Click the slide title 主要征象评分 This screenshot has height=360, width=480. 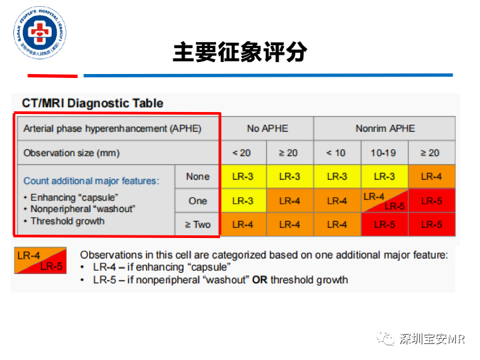[240, 52]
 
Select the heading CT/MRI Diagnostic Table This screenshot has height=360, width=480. [93, 103]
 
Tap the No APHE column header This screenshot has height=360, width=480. [267, 128]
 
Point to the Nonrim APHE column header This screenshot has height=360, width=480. [385, 128]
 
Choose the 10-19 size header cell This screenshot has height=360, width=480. [384, 153]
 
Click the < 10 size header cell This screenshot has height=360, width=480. [337, 153]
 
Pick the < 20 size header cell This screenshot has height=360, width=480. [243, 153]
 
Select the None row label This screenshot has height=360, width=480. [197, 177]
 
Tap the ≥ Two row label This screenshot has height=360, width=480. [197, 225]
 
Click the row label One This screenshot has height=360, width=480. [197, 201]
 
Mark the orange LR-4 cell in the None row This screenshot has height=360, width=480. [431, 177]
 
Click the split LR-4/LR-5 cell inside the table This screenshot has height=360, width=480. [384, 201]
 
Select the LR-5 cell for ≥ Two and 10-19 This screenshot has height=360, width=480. [384, 225]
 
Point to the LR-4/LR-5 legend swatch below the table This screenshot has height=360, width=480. [41, 261]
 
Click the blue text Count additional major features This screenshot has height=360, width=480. [91, 181]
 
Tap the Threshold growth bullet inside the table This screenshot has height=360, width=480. [67, 221]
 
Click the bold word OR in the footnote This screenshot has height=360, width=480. [259, 279]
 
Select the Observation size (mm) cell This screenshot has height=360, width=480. [71, 153]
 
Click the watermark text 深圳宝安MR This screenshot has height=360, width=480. [431, 339]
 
